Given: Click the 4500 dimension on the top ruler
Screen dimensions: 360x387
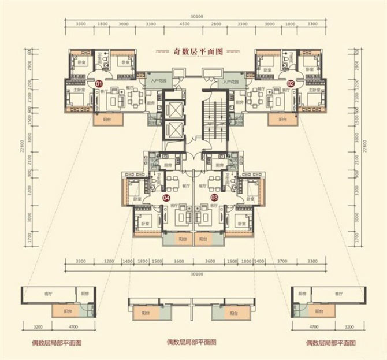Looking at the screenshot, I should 184,24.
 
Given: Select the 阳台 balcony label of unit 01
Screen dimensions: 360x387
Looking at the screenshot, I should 107,119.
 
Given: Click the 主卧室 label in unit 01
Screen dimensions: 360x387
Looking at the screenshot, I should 79,91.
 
